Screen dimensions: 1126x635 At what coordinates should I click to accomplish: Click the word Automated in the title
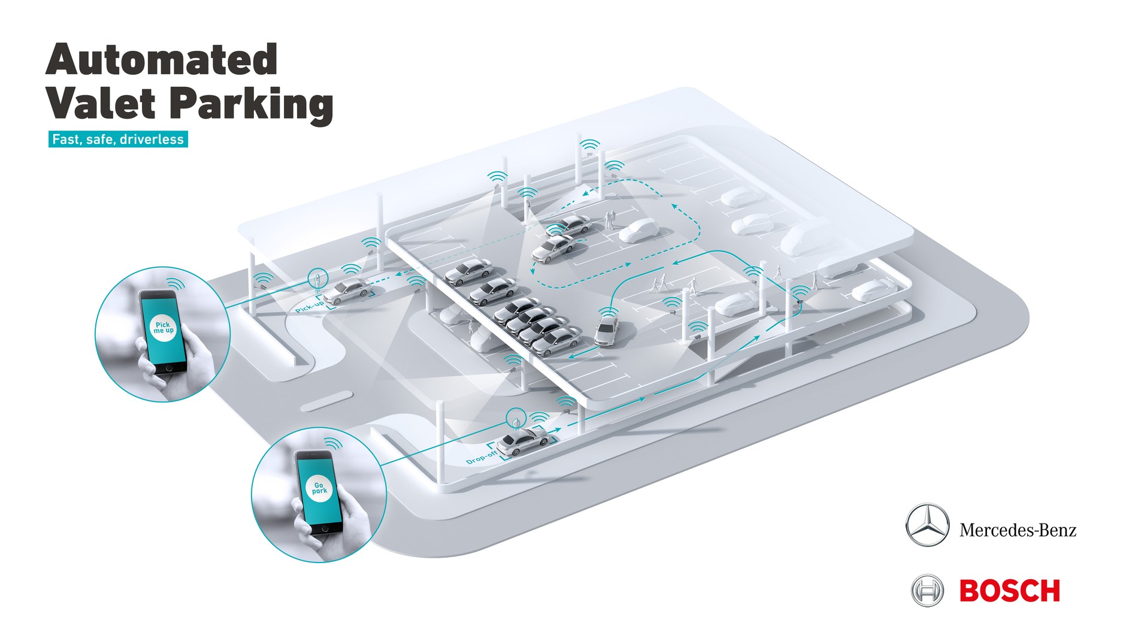pyautogui.click(x=162, y=59)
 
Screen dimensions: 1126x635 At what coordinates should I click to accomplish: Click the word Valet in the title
pyautogui.click(x=101, y=103)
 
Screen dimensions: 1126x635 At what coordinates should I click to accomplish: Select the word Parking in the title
pyautogui.click(x=251, y=105)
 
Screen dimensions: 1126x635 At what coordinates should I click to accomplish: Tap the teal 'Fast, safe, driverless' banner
pyautogui.click(x=118, y=140)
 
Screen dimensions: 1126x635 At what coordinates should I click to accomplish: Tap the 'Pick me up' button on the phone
pyautogui.click(x=163, y=328)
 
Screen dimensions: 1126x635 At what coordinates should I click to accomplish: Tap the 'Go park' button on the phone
pyautogui.click(x=319, y=488)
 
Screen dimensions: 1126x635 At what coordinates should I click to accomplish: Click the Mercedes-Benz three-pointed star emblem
pyautogui.click(x=927, y=525)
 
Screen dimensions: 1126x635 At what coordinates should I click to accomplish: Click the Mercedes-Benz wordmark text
pyautogui.click(x=1018, y=530)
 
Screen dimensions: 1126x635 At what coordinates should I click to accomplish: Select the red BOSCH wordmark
pyautogui.click(x=1010, y=591)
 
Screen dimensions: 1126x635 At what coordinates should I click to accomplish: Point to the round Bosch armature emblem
pyautogui.click(x=927, y=591)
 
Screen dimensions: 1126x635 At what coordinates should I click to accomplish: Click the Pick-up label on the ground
pyautogui.click(x=310, y=307)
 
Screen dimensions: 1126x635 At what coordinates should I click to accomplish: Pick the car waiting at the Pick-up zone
pyautogui.click(x=347, y=292)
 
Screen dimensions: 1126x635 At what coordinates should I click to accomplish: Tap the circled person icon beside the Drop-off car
pyautogui.click(x=516, y=418)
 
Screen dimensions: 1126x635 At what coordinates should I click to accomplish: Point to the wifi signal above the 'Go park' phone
pyautogui.click(x=334, y=443)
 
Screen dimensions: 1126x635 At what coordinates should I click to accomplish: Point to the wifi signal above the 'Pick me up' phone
pyautogui.click(x=175, y=283)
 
